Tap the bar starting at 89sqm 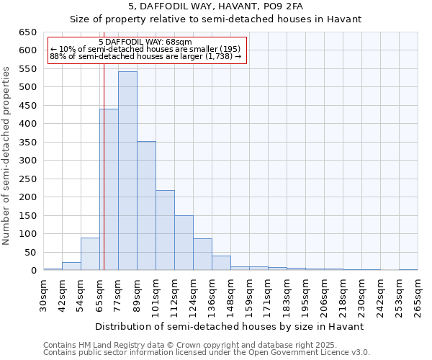coord(146,205)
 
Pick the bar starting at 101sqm coord(165,230)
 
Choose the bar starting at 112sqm coord(184,243)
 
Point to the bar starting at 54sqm coord(90,253)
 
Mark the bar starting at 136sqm coord(221,263)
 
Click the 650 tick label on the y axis coord(27,32)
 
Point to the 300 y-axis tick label coord(27,161)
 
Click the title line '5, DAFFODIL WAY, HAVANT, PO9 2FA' coord(216,7)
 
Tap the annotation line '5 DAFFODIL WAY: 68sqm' coord(145,42)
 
